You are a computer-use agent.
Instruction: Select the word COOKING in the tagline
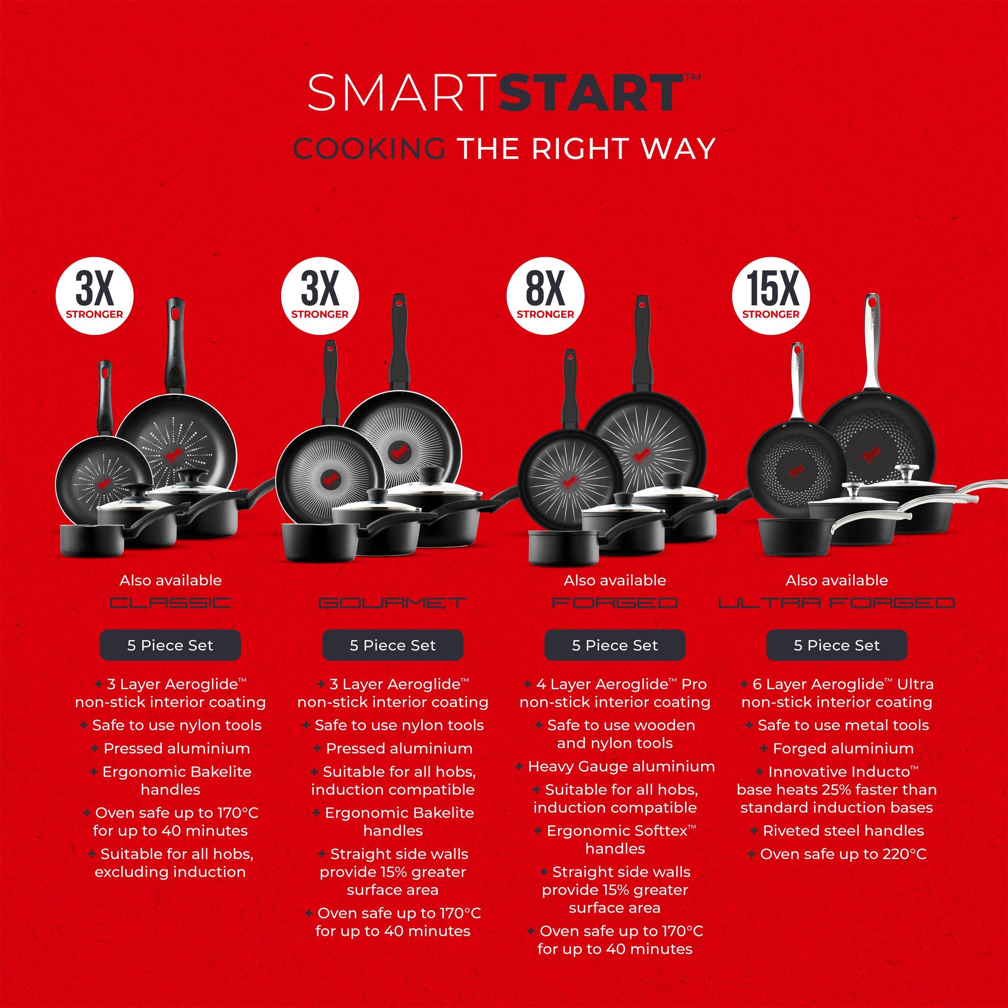pos(369,149)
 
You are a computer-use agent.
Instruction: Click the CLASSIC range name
pos(170,603)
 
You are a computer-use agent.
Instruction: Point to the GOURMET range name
pos(392,603)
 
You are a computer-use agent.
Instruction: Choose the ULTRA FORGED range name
pos(836,603)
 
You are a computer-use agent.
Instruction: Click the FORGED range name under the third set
pos(615,603)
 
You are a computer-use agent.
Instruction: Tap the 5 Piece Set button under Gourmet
pos(392,645)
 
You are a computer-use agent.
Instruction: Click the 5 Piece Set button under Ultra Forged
pos(836,645)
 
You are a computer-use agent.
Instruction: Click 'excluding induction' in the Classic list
pos(170,872)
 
